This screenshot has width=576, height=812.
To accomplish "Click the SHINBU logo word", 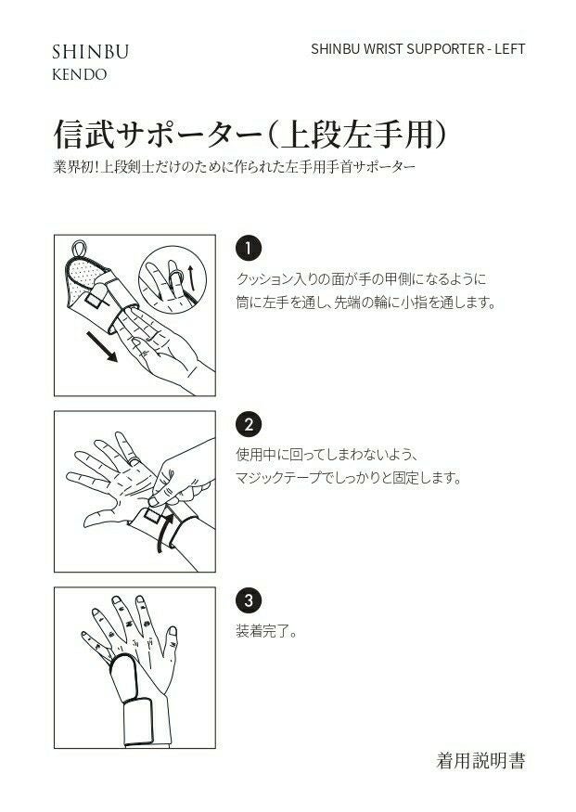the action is pyautogui.click(x=90, y=52).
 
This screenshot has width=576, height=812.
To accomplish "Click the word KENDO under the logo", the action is pyautogui.click(x=79, y=74).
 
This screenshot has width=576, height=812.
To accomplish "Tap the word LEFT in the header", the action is pyautogui.click(x=510, y=49).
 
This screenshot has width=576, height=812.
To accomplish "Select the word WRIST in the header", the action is pyautogui.click(x=383, y=49).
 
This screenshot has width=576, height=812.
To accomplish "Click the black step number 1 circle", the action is pyautogui.click(x=249, y=249).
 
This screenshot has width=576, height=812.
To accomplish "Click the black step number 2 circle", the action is pyautogui.click(x=249, y=425).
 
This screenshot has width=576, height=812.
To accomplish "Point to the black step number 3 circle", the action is pyautogui.click(x=249, y=600).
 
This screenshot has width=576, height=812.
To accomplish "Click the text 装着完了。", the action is pyautogui.click(x=266, y=631).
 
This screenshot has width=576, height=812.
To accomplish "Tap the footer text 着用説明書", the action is pyautogui.click(x=480, y=761).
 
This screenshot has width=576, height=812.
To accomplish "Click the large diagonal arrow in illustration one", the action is pyautogui.click(x=101, y=346).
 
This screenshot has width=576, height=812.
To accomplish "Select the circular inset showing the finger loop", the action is pyautogui.click(x=173, y=279).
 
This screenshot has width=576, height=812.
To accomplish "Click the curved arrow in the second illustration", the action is pyautogui.click(x=164, y=528).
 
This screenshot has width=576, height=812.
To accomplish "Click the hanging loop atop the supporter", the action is pyautogui.click(x=79, y=249).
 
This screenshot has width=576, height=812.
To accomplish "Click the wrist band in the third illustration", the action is pyautogui.click(x=138, y=722).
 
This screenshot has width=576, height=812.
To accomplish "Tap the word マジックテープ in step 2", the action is pyautogui.click(x=278, y=477).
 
